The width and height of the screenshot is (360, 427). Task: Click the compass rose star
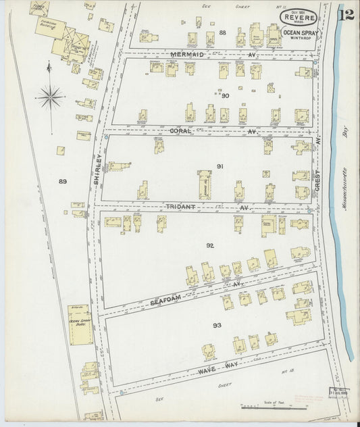50,99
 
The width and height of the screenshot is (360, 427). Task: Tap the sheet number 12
345,14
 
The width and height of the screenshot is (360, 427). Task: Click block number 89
63,182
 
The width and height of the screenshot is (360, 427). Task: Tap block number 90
225,96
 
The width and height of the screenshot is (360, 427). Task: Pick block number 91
220,166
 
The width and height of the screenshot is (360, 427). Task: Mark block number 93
217,326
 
